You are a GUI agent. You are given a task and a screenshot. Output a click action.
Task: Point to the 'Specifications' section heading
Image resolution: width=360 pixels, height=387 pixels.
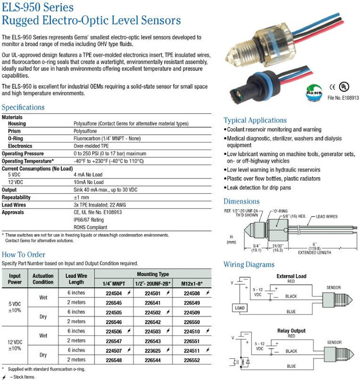23,107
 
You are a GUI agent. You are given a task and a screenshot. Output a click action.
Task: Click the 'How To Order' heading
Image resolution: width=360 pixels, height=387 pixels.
24,254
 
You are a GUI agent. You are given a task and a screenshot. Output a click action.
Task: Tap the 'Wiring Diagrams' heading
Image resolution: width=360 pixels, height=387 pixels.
249,264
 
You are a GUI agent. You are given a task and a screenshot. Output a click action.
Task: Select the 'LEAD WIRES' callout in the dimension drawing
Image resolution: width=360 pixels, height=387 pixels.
327,217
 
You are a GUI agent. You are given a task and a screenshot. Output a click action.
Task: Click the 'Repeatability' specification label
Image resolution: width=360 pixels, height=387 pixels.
16,197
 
